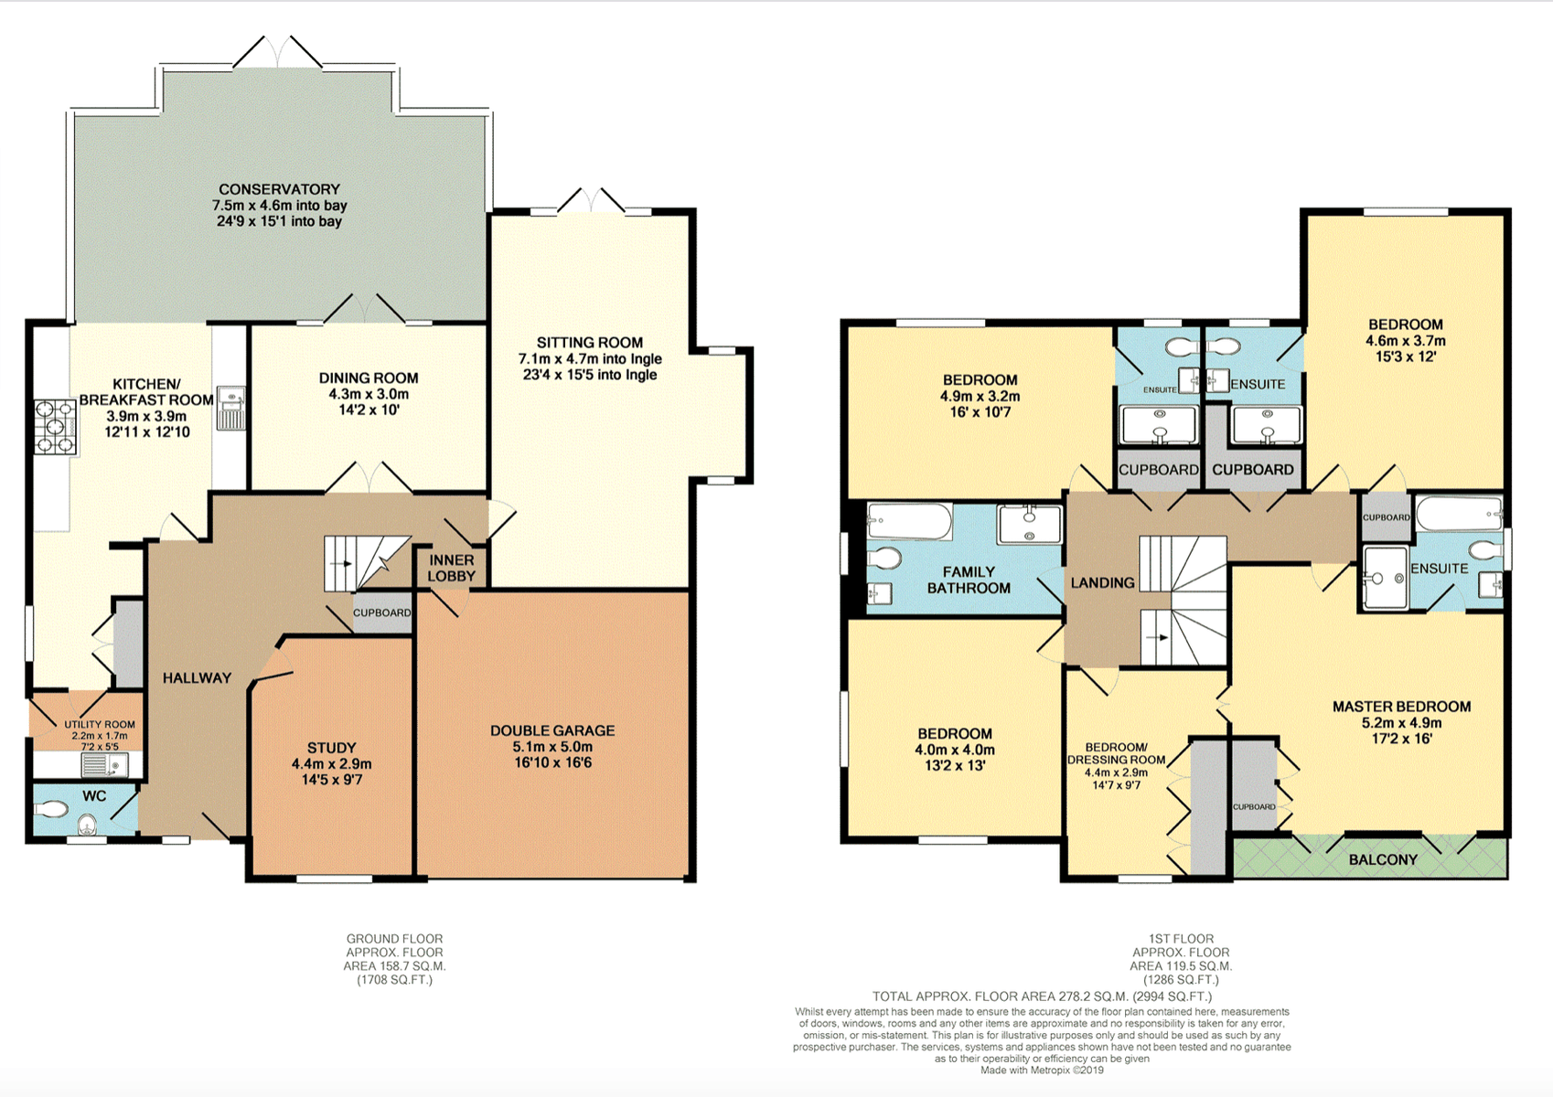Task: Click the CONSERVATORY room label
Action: [279, 189]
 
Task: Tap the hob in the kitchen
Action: [56, 427]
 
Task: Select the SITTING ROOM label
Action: [589, 342]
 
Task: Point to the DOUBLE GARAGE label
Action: [552, 730]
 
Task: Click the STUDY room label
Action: [331, 748]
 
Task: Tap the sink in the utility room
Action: [104, 765]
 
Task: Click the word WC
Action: [94, 796]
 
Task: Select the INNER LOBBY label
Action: [451, 568]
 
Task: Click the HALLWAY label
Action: [197, 677]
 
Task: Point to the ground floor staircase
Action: [368, 563]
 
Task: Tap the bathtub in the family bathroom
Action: [910, 521]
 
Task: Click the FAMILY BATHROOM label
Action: [969, 580]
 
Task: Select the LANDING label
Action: [1102, 583]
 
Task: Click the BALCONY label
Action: [1383, 860]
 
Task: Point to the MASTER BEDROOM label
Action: [1402, 707]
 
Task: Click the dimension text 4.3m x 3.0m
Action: [369, 394]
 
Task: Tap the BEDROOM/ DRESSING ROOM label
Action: [1116, 753]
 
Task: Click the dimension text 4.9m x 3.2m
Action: [980, 397]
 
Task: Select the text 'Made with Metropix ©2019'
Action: [1042, 1070]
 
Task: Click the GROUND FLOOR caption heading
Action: [394, 939]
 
